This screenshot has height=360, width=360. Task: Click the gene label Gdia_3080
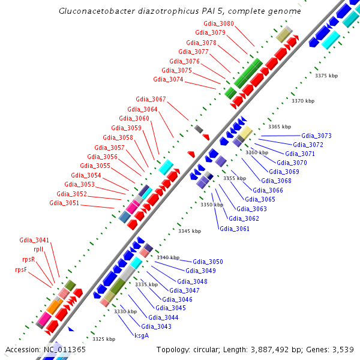(219, 23)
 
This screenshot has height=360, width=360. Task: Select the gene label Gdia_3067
(151, 99)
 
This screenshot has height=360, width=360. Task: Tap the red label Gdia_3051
(64, 203)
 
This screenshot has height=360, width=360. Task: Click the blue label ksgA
(142, 336)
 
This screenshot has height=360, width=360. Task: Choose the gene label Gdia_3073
(316, 136)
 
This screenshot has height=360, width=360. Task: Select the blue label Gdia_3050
(208, 262)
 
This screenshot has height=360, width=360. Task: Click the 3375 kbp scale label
(327, 76)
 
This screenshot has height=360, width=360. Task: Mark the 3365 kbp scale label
(280, 127)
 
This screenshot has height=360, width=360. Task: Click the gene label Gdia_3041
(34, 240)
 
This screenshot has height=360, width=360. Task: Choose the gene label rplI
(38, 249)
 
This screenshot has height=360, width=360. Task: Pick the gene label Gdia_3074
(168, 79)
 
